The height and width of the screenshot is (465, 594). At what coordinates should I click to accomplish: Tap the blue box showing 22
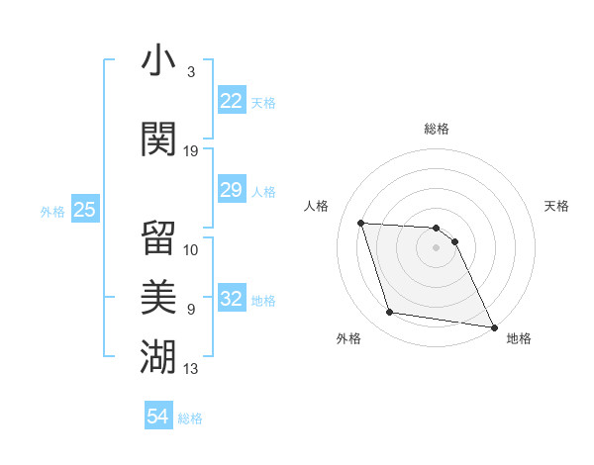point(232,101)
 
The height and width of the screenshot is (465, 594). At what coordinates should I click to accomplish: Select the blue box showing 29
point(232,190)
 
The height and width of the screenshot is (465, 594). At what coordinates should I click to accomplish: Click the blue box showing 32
point(232,300)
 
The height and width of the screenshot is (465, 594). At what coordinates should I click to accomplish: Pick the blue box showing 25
point(85,210)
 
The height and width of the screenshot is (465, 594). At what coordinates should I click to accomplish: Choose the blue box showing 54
point(158,417)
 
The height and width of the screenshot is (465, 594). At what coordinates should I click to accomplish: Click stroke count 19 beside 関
point(191,151)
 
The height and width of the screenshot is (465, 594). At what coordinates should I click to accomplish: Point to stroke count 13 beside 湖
point(191,369)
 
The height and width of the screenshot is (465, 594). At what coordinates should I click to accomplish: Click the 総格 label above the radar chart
point(437,129)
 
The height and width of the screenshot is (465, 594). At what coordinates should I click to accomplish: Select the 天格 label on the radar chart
point(556,206)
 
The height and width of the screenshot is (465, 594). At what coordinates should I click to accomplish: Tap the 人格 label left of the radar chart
point(317,206)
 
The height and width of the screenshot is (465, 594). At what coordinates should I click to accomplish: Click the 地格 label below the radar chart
point(519,338)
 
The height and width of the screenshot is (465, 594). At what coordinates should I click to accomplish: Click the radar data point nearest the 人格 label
point(361,223)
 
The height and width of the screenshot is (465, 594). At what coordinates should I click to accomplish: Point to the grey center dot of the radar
point(437,247)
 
